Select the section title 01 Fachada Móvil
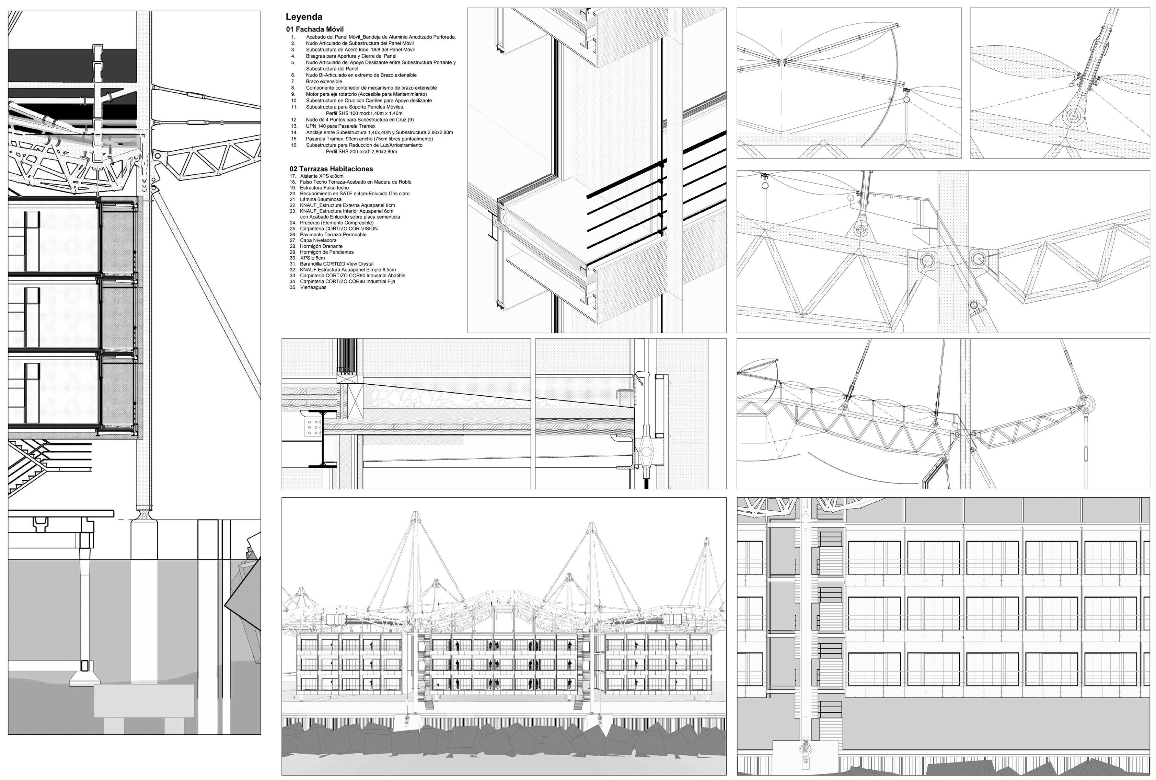[x=314, y=30]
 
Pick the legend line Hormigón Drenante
[x=321, y=246]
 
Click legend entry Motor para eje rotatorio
[x=366, y=94]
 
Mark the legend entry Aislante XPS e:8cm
[x=321, y=176]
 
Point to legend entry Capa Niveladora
[x=318, y=240]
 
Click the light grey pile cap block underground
[x=144, y=700]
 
